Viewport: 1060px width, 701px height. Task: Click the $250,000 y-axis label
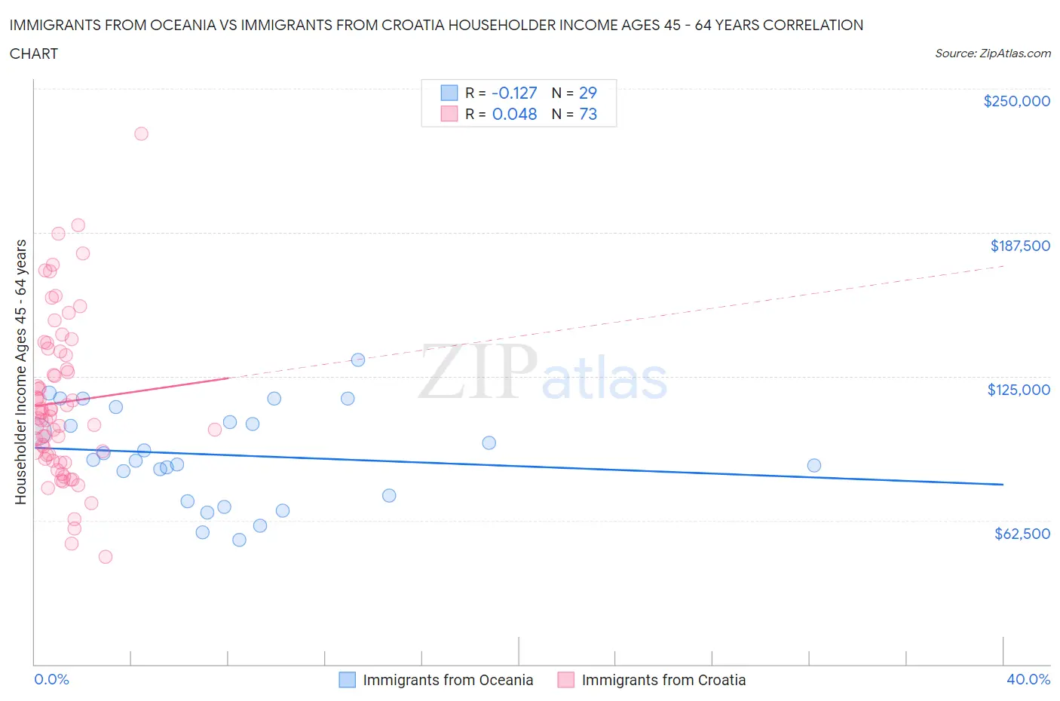click(1016, 101)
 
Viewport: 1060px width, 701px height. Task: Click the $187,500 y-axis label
click(1019, 246)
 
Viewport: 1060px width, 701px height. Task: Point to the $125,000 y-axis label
click(1018, 390)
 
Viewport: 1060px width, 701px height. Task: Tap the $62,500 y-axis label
click(1022, 534)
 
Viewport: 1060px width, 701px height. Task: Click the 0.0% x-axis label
click(51, 679)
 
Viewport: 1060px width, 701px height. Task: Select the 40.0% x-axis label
click(1028, 679)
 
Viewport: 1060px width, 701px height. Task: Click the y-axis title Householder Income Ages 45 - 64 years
click(20, 372)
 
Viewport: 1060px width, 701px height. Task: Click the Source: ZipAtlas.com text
click(992, 54)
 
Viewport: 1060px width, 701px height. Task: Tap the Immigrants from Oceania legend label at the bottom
click(448, 680)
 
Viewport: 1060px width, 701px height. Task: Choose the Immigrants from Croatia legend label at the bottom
click(663, 680)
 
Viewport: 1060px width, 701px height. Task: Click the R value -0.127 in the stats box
click(514, 93)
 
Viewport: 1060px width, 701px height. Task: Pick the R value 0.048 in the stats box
click(514, 114)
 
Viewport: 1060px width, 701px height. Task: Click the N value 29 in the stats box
click(587, 93)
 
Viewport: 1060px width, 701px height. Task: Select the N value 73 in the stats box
click(587, 114)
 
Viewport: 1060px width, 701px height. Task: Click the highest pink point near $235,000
click(141, 133)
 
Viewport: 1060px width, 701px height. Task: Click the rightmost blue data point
click(814, 465)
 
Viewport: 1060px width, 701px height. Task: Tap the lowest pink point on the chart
click(106, 556)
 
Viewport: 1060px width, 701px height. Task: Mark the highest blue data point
click(358, 360)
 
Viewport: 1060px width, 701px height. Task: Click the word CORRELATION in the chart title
click(813, 25)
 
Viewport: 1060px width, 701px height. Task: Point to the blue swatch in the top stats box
click(449, 93)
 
